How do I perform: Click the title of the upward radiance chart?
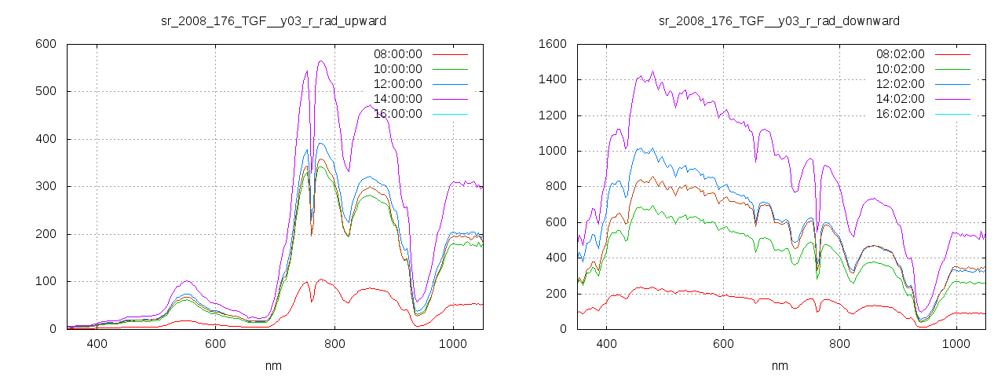click(273, 20)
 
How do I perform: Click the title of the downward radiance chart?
click(779, 20)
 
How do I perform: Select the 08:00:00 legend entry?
click(397, 54)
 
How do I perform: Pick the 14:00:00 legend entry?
click(397, 99)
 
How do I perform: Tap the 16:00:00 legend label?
click(397, 114)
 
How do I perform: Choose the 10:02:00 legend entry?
click(900, 69)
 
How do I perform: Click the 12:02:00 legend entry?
click(900, 84)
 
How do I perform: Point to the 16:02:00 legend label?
click(900, 114)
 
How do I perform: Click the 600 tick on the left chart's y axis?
click(46, 44)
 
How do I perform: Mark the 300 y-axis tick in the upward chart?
click(46, 187)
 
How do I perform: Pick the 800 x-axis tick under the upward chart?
click(334, 344)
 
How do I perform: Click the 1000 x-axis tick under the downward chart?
click(956, 344)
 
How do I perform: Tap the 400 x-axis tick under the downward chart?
click(605, 344)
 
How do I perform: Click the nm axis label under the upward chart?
click(273, 365)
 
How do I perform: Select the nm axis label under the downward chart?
click(779, 365)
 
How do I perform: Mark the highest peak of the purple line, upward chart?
click(320, 60)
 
